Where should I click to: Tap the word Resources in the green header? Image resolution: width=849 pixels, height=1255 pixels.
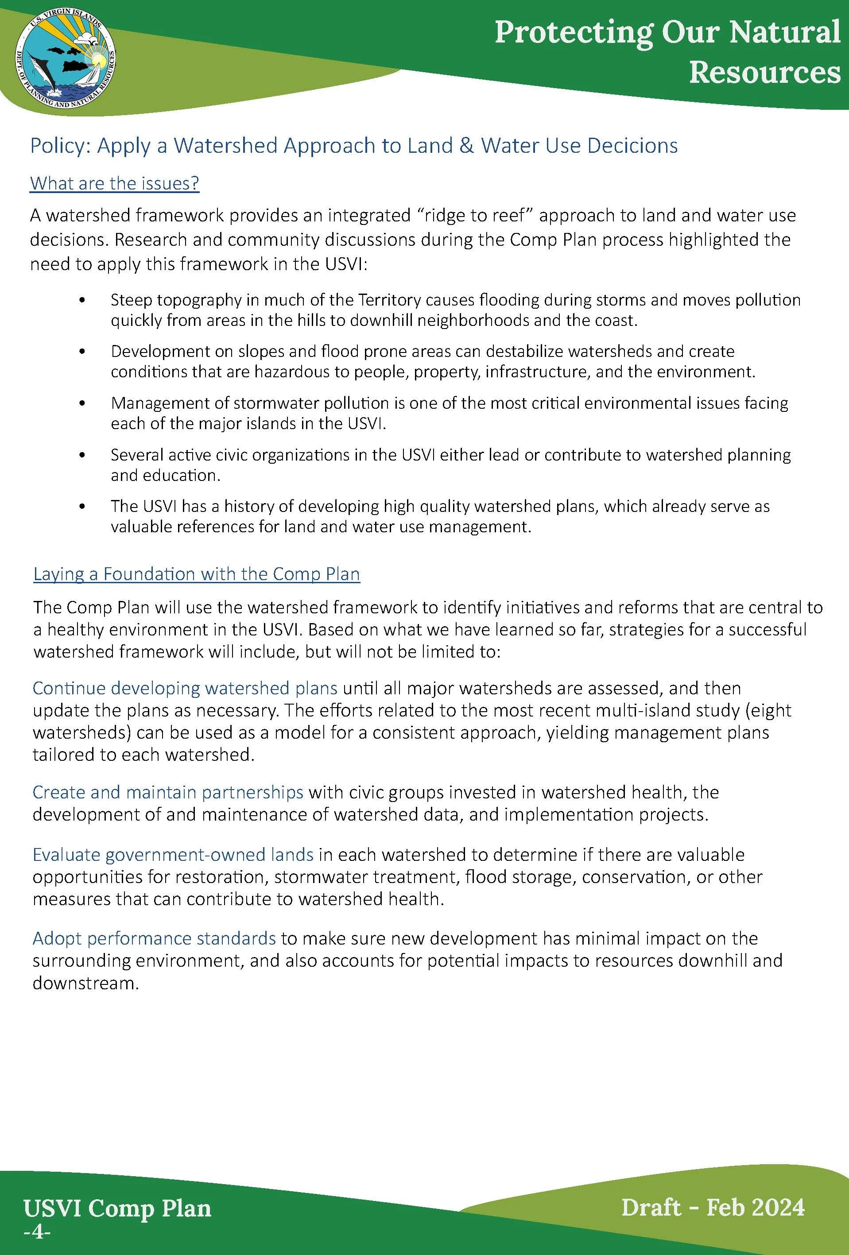764,72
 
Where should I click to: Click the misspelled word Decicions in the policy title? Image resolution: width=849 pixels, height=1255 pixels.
632,146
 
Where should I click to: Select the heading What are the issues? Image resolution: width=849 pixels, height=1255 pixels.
115,184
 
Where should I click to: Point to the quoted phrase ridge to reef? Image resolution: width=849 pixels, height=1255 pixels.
474,216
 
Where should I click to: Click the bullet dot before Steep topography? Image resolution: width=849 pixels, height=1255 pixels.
82,300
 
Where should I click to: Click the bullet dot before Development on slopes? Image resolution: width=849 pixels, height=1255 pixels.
82,352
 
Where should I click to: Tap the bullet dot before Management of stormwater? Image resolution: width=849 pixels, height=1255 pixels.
82,403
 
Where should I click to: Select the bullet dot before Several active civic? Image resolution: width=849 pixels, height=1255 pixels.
82,455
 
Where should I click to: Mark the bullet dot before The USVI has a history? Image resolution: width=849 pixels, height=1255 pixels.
82,507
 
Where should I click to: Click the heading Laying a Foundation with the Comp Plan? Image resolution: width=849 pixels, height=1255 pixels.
197,574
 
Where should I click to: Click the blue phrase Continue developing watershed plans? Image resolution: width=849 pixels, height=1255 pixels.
185,689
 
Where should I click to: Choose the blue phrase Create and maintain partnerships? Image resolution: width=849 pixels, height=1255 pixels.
167,792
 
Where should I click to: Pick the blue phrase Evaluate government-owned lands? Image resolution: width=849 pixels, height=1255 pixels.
173,855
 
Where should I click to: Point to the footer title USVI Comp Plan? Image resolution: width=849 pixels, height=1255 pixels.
117,1209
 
